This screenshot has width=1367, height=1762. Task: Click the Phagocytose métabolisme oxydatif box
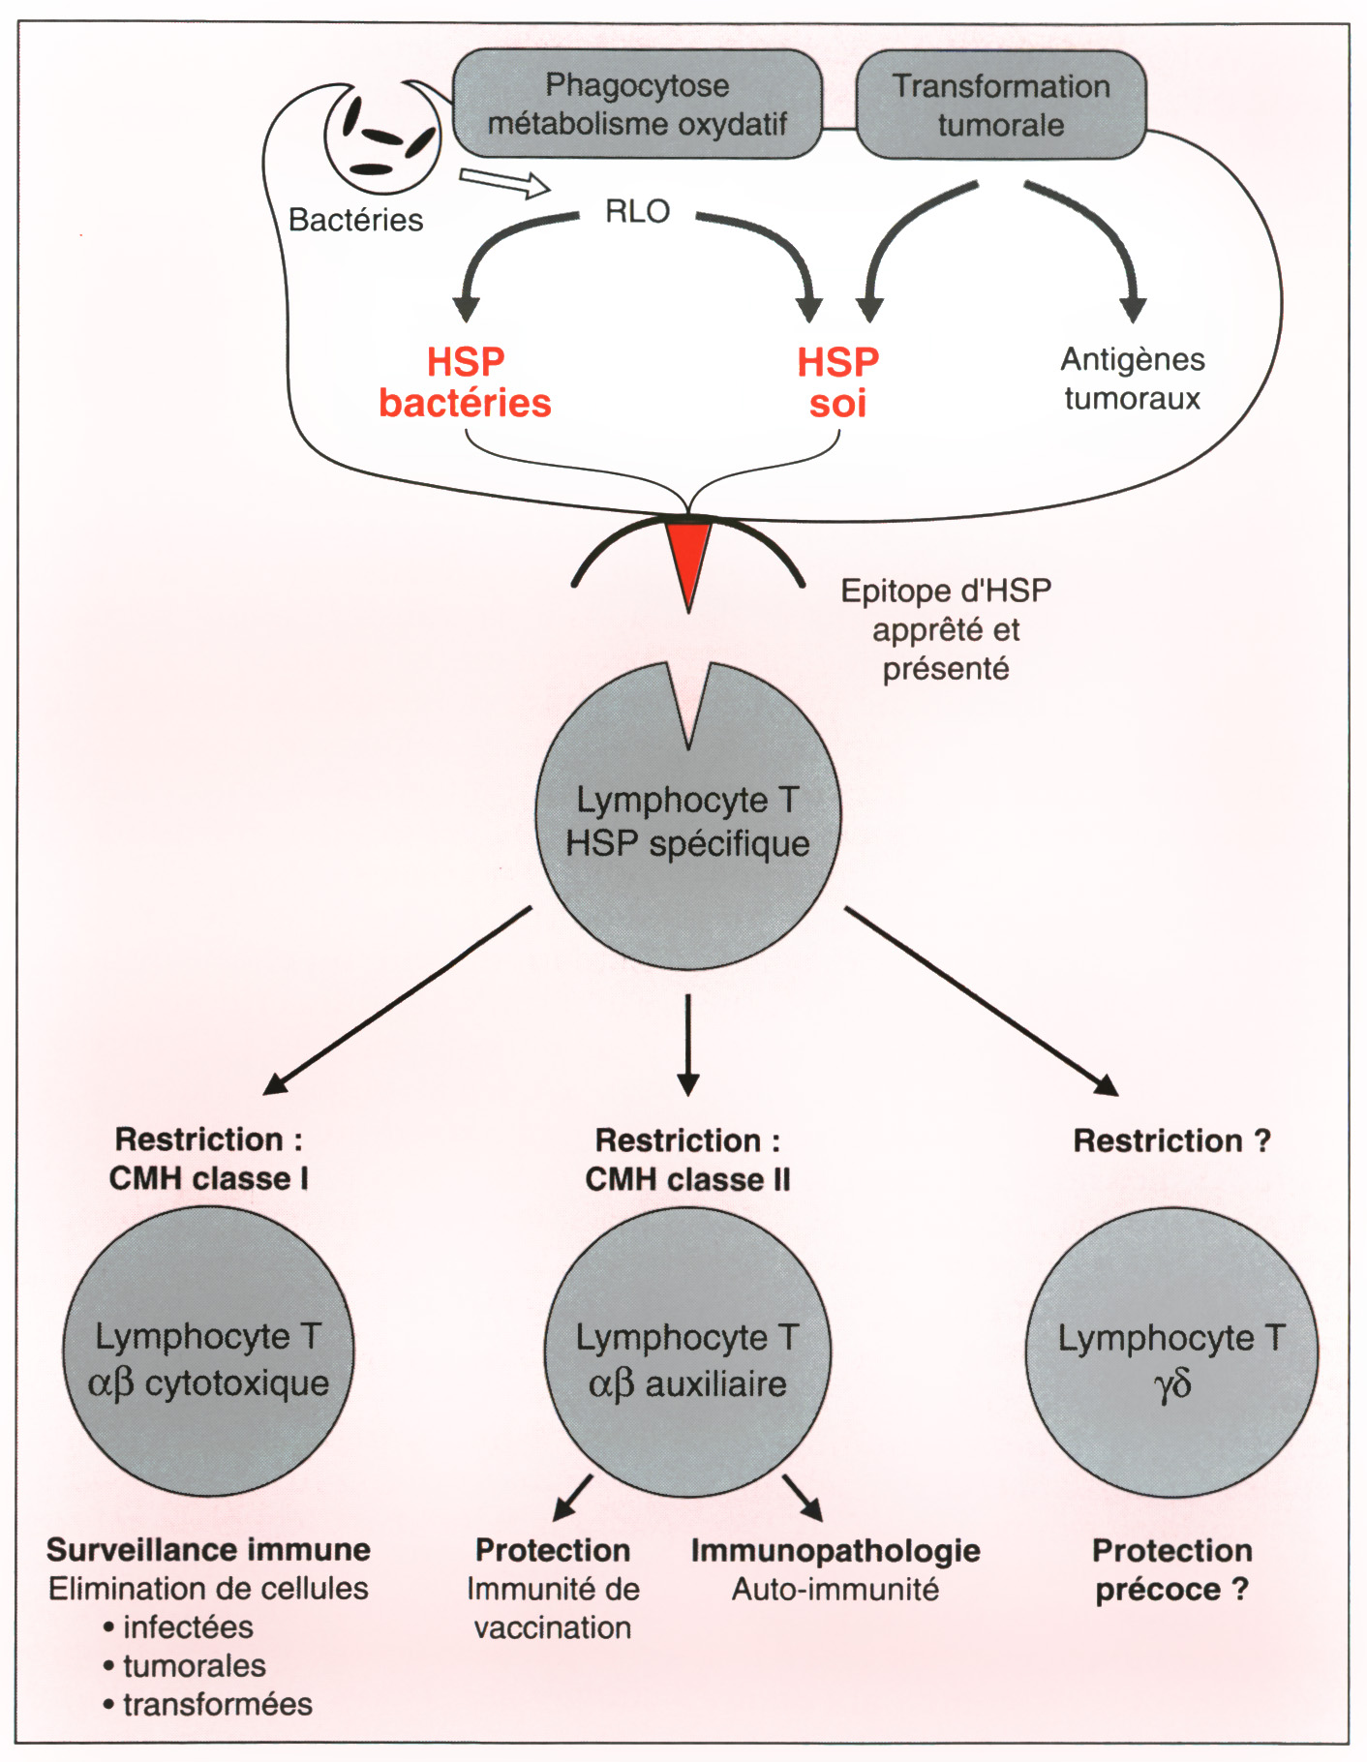coord(637,105)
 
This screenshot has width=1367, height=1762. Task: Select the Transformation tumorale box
coord(1001,105)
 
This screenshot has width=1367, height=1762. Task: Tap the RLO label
coord(637,211)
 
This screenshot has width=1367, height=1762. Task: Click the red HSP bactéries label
coord(465,382)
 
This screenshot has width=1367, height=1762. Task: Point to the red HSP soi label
coord(837,382)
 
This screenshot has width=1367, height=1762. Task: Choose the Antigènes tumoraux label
coord(1133,379)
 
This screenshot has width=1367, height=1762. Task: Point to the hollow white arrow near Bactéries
coord(503,181)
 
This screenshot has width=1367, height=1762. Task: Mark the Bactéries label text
coord(355,221)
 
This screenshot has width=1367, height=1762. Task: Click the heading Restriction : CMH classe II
coord(687,1160)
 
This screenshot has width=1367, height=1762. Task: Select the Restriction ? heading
coord(1171,1141)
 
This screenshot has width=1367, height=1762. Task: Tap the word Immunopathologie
coord(835,1551)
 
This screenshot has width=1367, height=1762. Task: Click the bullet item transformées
coord(217,1704)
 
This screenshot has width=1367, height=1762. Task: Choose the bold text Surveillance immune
coord(208,1550)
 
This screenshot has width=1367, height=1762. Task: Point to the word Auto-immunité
coord(835,1590)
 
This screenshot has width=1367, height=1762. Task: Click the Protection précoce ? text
coord(1171,1570)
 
